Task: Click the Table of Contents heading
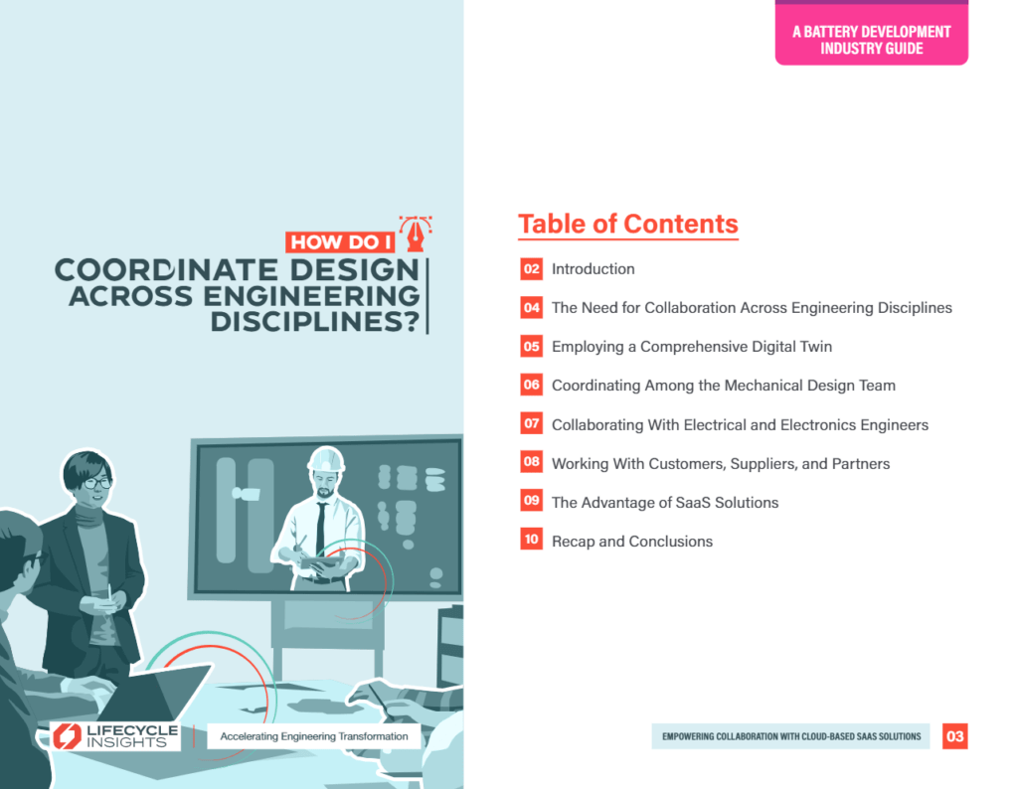coord(628,224)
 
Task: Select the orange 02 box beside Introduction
coord(531,268)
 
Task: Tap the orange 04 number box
coord(531,308)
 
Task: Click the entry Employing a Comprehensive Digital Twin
coord(692,347)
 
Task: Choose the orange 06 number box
coord(531,385)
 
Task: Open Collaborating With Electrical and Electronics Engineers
coord(740,424)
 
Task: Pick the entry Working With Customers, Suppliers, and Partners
coord(721,463)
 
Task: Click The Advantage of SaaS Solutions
coord(665,502)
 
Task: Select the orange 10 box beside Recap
coord(531,540)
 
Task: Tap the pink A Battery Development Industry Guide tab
coord(871,34)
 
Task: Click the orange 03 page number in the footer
coord(955,736)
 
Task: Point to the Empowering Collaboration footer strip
coord(790,736)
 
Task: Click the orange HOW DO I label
coord(340,242)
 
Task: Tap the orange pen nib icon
coord(416,234)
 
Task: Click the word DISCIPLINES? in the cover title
coord(315,322)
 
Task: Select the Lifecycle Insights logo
coord(115,736)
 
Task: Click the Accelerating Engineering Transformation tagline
coord(314,736)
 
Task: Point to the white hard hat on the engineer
coord(326,459)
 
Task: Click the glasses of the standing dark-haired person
coord(97,483)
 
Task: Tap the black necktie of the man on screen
coord(321,529)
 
